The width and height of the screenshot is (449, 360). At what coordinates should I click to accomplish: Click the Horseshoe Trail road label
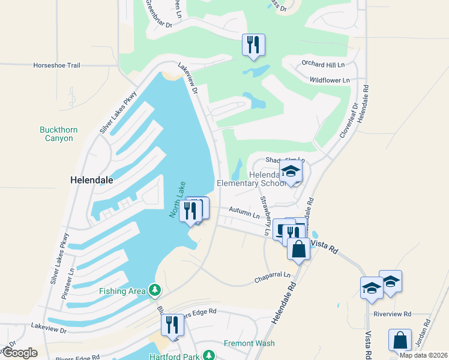click(56, 65)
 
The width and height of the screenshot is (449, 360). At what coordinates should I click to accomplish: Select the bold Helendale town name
click(92, 179)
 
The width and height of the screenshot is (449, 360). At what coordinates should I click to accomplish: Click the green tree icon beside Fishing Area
click(155, 291)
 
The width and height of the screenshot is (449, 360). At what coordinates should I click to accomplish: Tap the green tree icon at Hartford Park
click(209, 356)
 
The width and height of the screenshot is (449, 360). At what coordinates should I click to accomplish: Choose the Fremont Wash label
click(249, 344)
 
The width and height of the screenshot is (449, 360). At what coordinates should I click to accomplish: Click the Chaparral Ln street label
click(272, 278)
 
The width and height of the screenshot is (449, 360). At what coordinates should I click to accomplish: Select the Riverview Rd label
click(392, 314)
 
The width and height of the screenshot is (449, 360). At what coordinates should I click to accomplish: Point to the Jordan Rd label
click(425, 331)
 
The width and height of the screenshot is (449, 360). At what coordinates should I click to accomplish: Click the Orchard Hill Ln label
click(324, 65)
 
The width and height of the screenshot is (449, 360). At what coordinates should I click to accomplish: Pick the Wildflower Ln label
click(330, 80)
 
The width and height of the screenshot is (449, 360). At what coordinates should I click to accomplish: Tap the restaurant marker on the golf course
click(253, 44)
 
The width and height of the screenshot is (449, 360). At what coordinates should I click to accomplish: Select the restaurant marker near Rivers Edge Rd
click(172, 325)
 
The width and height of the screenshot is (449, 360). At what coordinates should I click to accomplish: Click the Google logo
click(20, 353)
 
